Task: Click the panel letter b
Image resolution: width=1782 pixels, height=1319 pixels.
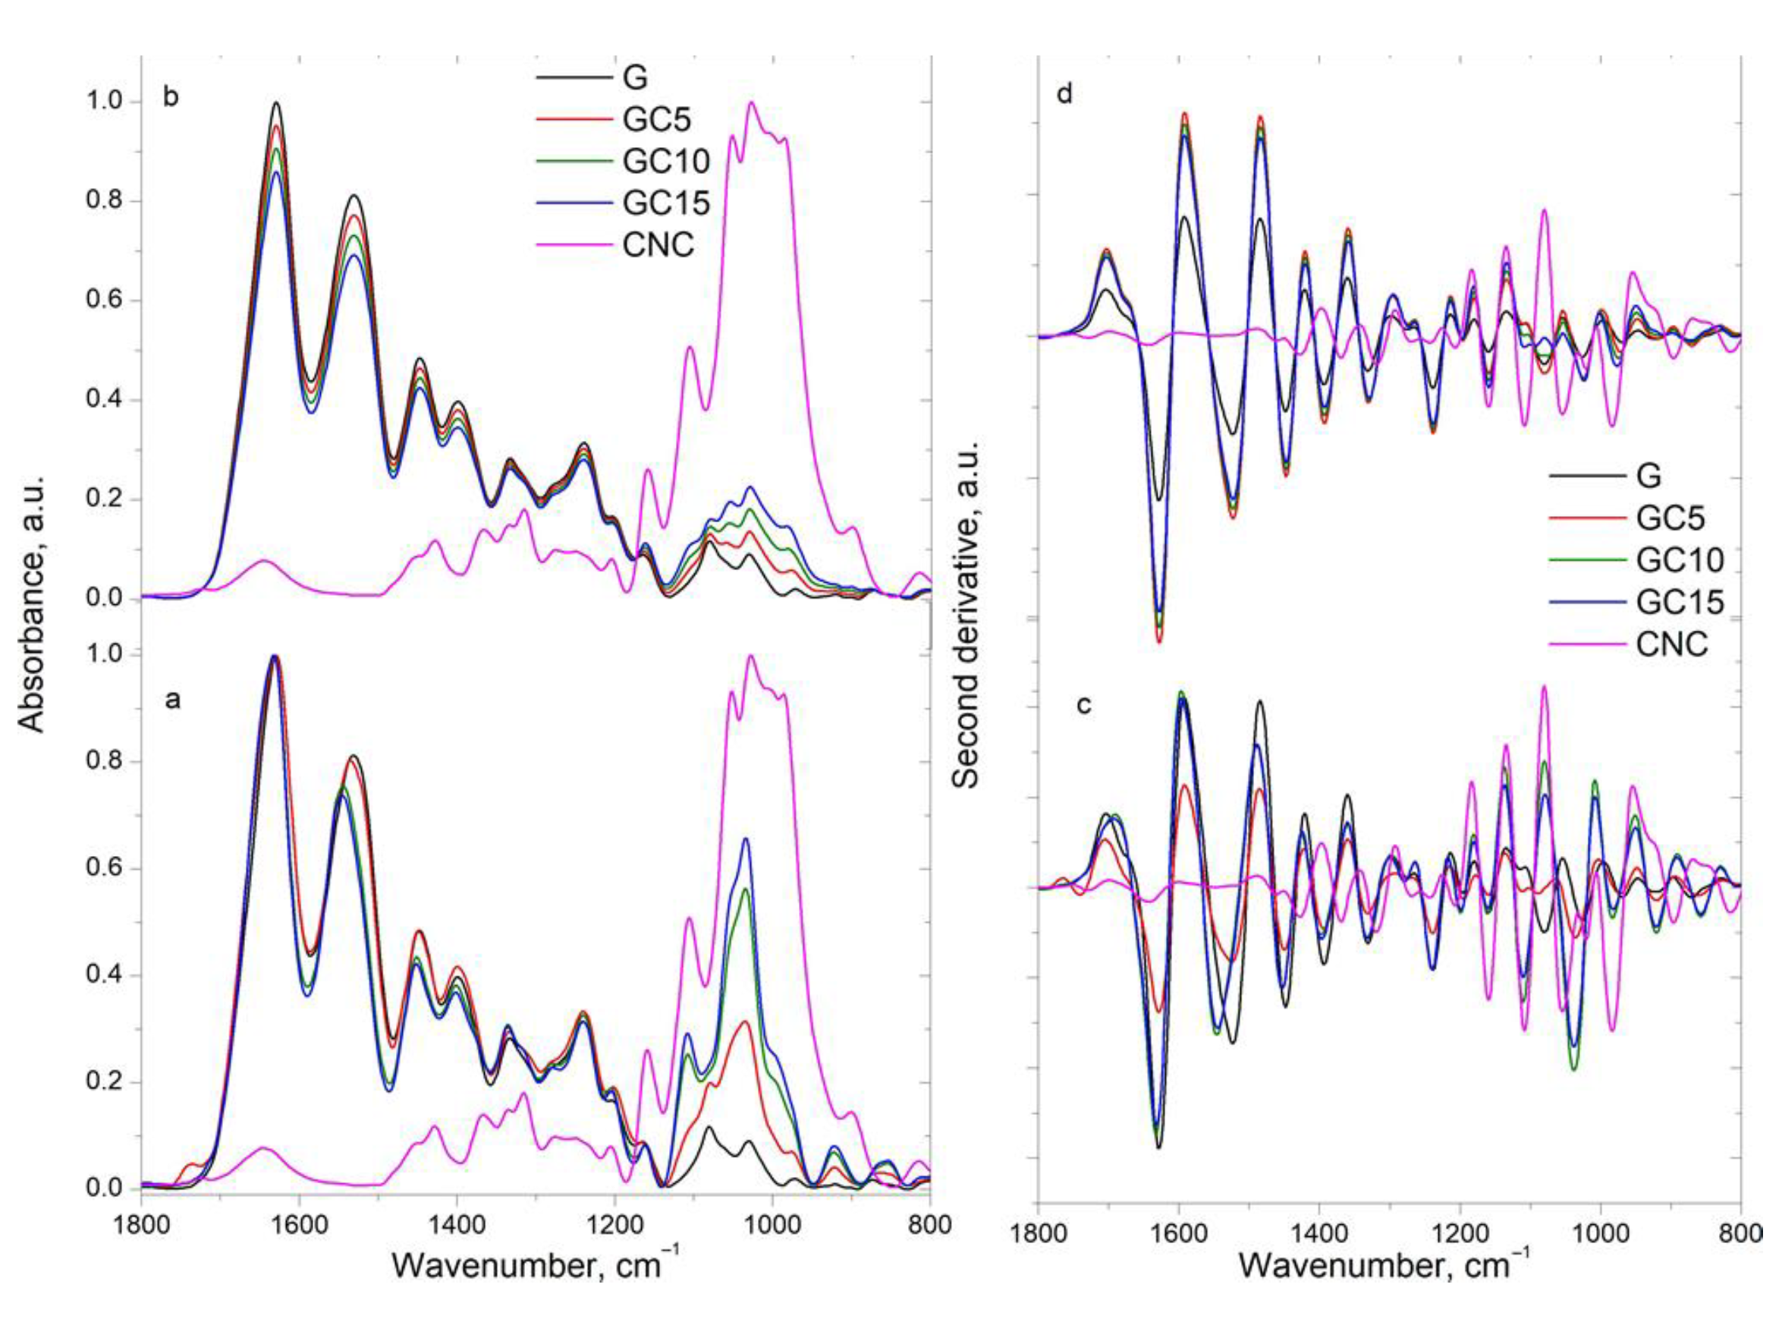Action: [x=171, y=97]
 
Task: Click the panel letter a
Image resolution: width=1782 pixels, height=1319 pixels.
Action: [x=171, y=700]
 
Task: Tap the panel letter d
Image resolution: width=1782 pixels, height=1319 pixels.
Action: [x=1064, y=93]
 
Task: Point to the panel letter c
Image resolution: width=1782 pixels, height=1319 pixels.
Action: [x=1084, y=706]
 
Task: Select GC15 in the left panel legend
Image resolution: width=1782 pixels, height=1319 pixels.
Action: [x=666, y=203]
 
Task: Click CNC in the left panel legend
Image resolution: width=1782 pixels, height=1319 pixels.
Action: [x=658, y=244]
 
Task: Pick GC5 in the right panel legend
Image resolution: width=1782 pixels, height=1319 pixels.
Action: [x=1670, y=518]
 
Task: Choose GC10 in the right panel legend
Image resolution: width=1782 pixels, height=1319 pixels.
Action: [x=1680, y=559]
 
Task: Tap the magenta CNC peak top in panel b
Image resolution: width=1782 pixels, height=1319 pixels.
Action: [x=750, y=102]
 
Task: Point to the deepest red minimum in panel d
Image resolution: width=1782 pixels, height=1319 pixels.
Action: [x=1159, y=641]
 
